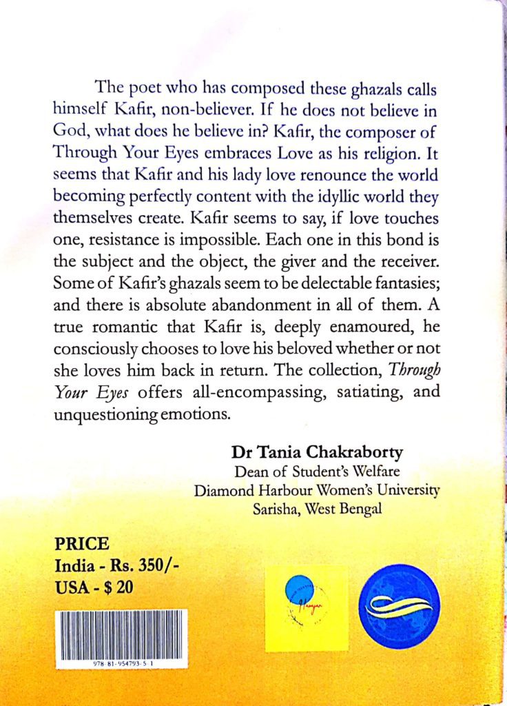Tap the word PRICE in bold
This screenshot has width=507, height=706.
click(x=81, y=543)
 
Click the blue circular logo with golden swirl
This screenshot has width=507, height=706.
click(x=400, y=606)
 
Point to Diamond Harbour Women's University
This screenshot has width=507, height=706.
click(x=317, y=490)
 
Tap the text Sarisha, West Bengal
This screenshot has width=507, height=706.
click(x=317, y=508)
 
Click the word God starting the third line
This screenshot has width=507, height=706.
click(x=68, y=131)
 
